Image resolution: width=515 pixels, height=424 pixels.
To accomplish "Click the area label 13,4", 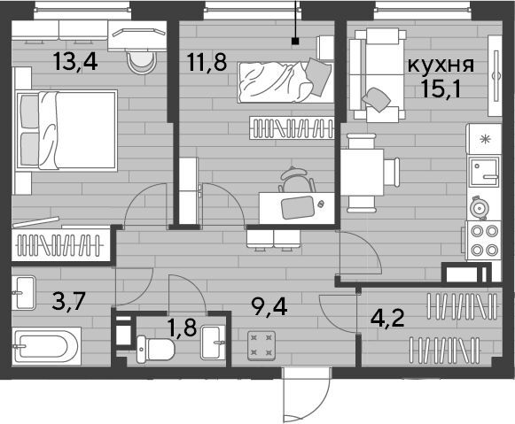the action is pos(76,62).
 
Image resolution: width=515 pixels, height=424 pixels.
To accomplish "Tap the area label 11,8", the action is pos(207,62).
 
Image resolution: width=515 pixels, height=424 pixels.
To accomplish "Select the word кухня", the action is pos(441,66).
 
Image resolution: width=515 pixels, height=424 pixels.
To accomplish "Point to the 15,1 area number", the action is pos(441,89).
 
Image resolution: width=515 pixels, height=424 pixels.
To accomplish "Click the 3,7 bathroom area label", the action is pos(68,301).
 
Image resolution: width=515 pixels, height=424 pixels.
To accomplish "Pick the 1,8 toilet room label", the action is pos(182,328).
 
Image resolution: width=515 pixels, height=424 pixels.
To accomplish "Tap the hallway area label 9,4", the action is pos(269,307).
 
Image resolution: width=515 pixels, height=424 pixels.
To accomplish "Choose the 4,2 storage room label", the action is pos(387,318).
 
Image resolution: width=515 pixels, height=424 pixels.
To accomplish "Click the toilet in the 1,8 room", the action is pos(155,350).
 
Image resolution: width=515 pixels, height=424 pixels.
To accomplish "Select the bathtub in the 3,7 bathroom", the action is pos(46,345).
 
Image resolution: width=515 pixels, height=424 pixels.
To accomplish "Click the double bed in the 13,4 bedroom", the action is pos(66,130).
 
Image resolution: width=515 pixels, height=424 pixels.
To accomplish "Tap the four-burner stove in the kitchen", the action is pos(483,241).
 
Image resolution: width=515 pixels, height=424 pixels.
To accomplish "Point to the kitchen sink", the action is pos(484,172).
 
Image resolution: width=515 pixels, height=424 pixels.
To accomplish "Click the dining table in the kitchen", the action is pos(362,172).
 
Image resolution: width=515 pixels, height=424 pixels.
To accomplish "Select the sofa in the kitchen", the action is pos(377,75).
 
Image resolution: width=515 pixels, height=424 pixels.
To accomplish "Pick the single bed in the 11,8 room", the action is pos(285,82).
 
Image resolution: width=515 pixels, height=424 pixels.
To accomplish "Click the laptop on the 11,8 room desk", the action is pos(298,207).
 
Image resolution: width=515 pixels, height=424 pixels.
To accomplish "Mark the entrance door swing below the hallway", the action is pos(306,395).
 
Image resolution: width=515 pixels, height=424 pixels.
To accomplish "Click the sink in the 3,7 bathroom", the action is pos(24,293).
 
